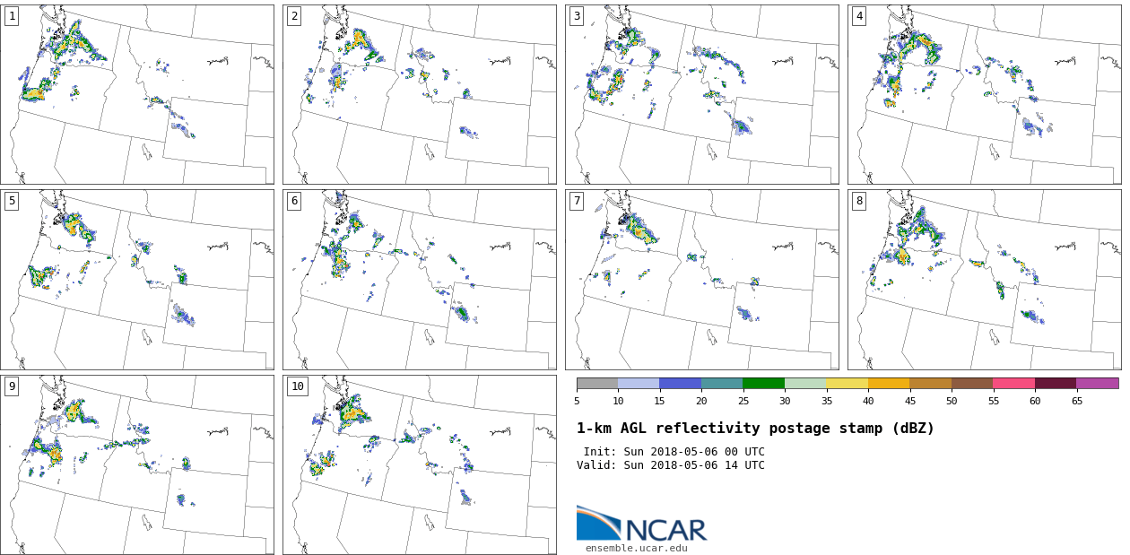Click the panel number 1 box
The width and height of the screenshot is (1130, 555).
click(x=12, y=16)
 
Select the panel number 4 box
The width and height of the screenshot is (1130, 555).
click(x=859, y=16)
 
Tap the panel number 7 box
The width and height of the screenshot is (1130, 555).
click(x=577, y=201)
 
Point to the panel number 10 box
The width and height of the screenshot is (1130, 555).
click(x=297, y=386)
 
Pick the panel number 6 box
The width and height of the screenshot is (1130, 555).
click(x=294, y=201)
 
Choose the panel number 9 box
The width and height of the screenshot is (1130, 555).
click(x=12, y=386)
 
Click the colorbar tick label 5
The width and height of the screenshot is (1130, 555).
click(x=577, y=401)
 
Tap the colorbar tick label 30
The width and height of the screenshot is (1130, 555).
click(x=785, y=401)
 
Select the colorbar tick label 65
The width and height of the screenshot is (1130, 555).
click(x=1076, y=401)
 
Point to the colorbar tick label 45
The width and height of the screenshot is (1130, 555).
click(x=909, y=401)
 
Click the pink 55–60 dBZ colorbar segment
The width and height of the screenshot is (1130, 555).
click(x=1013, y=383)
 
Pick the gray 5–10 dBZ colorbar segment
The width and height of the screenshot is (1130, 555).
click(x=597, y=383)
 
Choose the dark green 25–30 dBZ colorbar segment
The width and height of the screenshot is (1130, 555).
click(x=763, y=383)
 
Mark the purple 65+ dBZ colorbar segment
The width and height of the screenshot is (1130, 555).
click(x=1097, y=383)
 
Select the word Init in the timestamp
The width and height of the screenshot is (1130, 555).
click(x=598, y=452)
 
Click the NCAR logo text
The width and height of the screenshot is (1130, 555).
click(x=665, y=530)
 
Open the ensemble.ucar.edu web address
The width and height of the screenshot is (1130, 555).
click(x=636, y=548)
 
